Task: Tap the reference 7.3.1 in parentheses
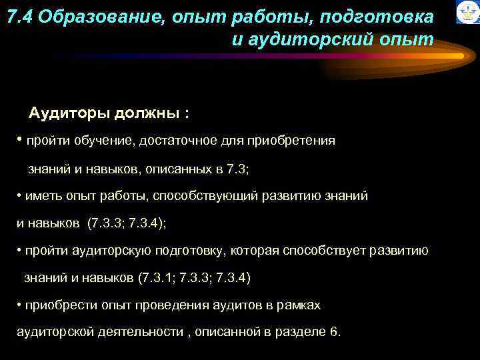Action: tap(155, 277)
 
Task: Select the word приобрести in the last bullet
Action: tap(57, 305)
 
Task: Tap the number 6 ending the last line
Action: tap(333, 331)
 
